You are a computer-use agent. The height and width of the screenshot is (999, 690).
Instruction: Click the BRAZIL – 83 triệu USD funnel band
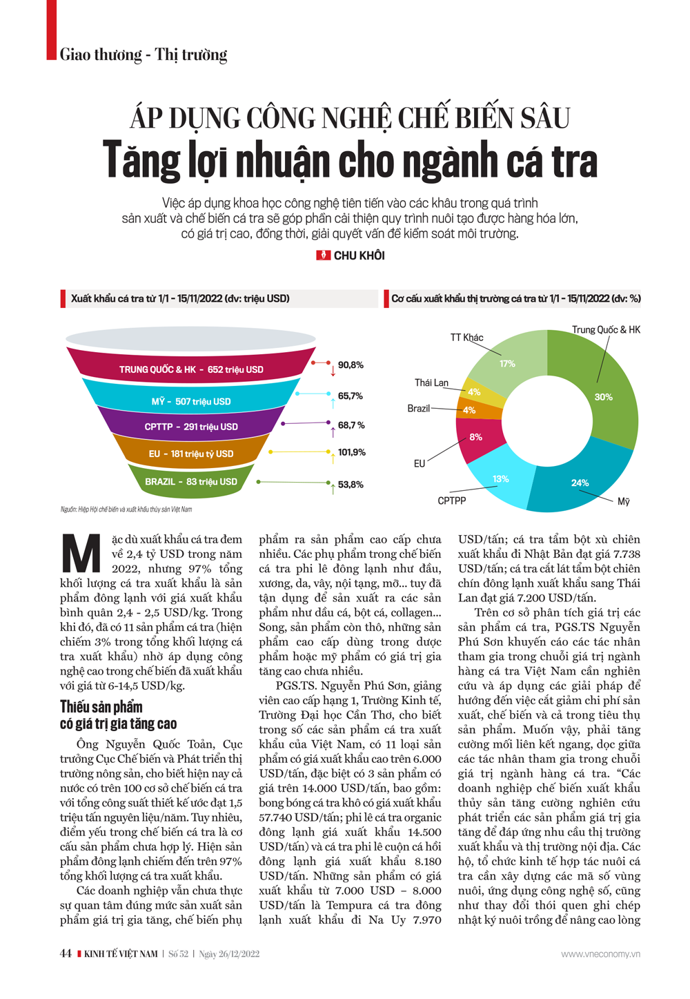tap(190, 481)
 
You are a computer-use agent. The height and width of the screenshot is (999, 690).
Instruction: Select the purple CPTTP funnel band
tap(191, 427)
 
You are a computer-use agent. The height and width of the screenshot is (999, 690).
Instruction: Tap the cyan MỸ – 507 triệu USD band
tap(191, 401)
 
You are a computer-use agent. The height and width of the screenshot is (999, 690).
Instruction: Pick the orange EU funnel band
tap(191, 454)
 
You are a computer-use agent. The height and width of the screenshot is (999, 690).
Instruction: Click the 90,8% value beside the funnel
tap(351, 365)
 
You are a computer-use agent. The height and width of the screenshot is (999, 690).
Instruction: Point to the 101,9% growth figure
tap(352, 452)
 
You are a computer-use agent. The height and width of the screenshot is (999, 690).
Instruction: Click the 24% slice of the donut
tap(580, 483)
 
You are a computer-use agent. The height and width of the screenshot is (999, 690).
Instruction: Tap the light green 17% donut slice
tap(508, 363)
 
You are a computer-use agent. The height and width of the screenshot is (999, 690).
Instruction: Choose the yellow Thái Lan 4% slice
tap(475, 391)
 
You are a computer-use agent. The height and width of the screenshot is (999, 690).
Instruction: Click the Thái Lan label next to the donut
tap(431, 382)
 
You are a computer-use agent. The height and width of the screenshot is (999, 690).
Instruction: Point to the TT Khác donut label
tap(467, 338)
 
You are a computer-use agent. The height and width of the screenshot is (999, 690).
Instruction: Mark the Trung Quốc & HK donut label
tap(606, 329)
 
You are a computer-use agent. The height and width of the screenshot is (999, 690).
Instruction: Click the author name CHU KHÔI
tap(359, 255)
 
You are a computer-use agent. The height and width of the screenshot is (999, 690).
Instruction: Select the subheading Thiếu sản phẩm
tap(101, 706)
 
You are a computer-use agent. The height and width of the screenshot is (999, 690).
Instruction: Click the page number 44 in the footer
tap(66, 953)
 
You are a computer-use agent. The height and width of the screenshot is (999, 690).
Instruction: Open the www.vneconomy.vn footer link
tap(600, 954)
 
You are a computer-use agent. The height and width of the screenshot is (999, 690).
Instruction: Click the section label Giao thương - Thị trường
tap(143, 55)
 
